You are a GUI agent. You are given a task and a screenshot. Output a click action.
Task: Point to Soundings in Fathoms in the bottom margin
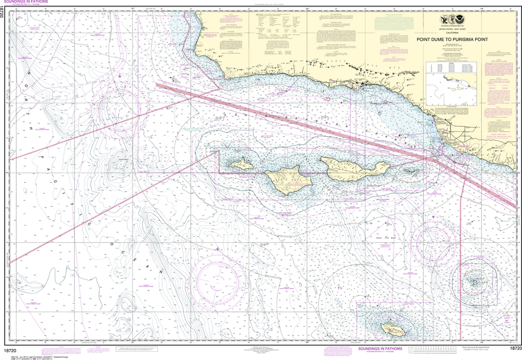point(379,349)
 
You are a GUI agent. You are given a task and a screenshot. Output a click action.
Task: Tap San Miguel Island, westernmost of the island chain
point(241,164)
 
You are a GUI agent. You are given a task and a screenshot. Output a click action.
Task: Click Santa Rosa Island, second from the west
point(287,179)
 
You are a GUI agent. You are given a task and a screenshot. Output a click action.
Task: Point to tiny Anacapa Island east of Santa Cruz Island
point(411,172)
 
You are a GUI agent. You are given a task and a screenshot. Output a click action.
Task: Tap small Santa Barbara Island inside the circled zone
point(474,280)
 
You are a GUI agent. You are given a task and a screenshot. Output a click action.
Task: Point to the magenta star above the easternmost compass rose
point(433,218)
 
